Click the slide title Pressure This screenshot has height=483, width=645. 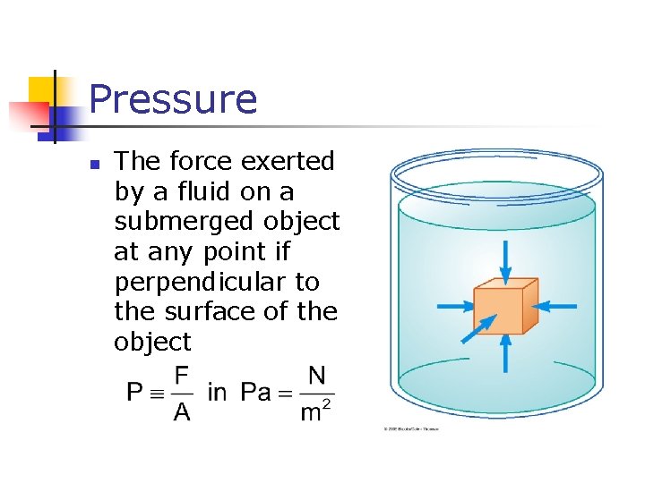pyautogui.click(x=173, y=99)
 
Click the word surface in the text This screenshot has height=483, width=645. pyautogui.click(x=208, y=311)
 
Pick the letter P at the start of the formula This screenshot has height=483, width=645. pyautogui.click(x=134, y=392)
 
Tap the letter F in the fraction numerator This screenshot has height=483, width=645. pyautogui.click(x=182, y=376)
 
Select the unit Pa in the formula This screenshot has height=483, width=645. pyautogui.click(x=256, y=392)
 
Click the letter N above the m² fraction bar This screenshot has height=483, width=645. pyautogui.click(x=316, y=376)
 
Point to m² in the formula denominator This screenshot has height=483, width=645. pyautogui.click(x=316, y=411)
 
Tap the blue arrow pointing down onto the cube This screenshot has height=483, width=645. pyautogui.click(x=505, y=259)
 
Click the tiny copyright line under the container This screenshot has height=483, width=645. pyautogui.click(x=412, y=429)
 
